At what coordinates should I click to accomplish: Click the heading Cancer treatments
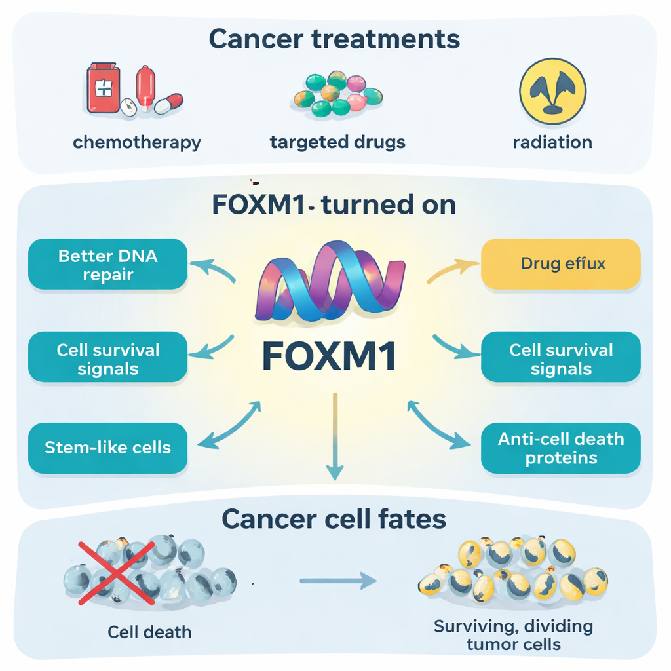pyautogui.click(x=334, y=39)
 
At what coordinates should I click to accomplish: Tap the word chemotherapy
pyautogui.click(x=137, y=142)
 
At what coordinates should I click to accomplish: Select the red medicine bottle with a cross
pyautogui.click(x=104, y=87)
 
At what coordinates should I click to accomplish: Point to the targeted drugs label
pyautogui.click(x=337, y=142)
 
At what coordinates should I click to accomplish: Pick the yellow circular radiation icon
pyautogui.click(x=552, y=91)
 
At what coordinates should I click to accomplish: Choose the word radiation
pyautogui.click(x=552, y=142)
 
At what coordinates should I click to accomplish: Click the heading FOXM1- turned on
pyautogui.click(x=334, y=205)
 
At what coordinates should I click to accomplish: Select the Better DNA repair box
pyautogui.click(x=108, y=264)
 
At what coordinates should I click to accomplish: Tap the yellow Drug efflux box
pyautogui.click(x=561, y=264)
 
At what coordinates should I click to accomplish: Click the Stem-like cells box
pyautogui.click(x=108, y=448)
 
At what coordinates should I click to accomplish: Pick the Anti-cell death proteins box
pyautogui.click(x=561, y=448)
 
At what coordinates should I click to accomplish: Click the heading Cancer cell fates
pyautogui.click(x=334, y=520)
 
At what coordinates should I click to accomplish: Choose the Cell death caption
pyautogui.click(x=150, y=632)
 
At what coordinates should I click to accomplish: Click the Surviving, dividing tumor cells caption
pyautogui.click(x=513, y=634)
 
